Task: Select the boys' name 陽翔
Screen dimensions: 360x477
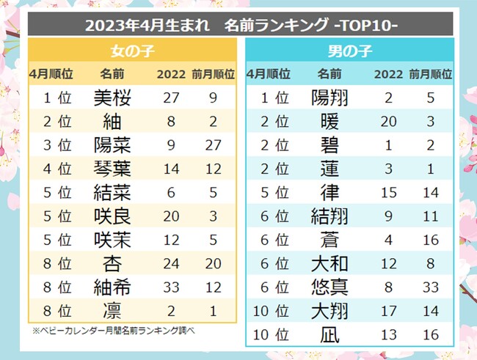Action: coord(329,98)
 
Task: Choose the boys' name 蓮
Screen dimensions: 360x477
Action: coord(329,168)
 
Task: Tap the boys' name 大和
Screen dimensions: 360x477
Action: coord(329,262)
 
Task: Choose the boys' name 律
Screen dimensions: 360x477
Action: coord(329,191)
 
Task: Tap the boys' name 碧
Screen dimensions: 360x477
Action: coord(329,144)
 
